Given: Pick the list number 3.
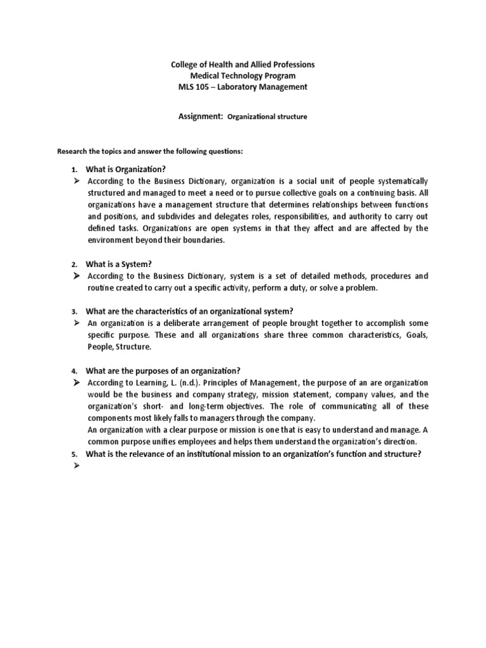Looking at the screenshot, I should click(74, 311).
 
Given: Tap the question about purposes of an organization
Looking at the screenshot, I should click(163, 370).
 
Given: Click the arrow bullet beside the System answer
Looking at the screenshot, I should click(75, 277).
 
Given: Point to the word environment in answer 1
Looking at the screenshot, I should click(112, 240).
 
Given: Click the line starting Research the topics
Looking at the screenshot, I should click(150, 152).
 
